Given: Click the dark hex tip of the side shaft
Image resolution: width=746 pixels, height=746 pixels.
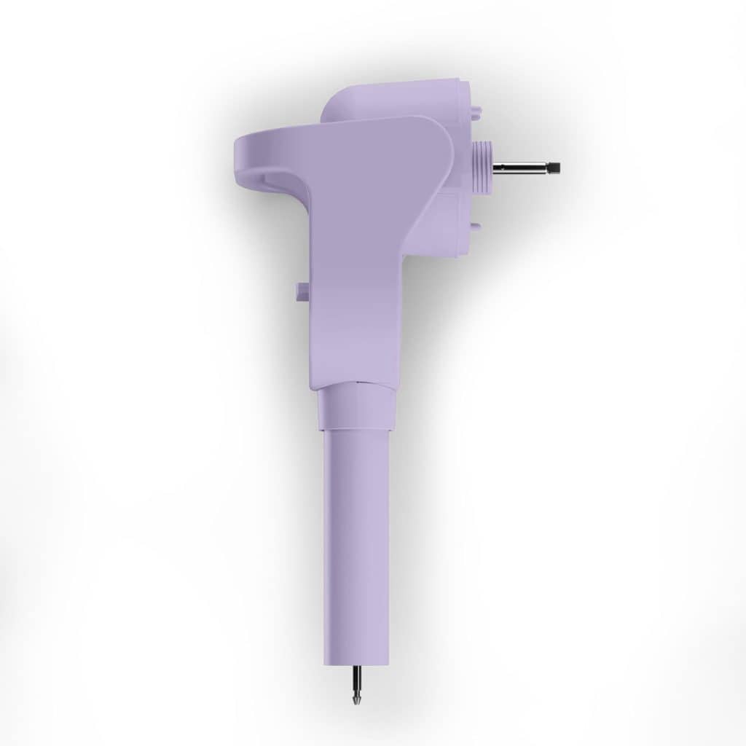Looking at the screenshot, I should coord(555,168).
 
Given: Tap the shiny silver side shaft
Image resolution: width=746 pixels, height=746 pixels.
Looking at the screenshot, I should coord(521,168).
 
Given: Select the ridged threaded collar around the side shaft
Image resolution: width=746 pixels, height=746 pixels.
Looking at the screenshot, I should coord(482,168).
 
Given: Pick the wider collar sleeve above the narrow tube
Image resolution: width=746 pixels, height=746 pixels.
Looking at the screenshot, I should coord(355,408).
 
